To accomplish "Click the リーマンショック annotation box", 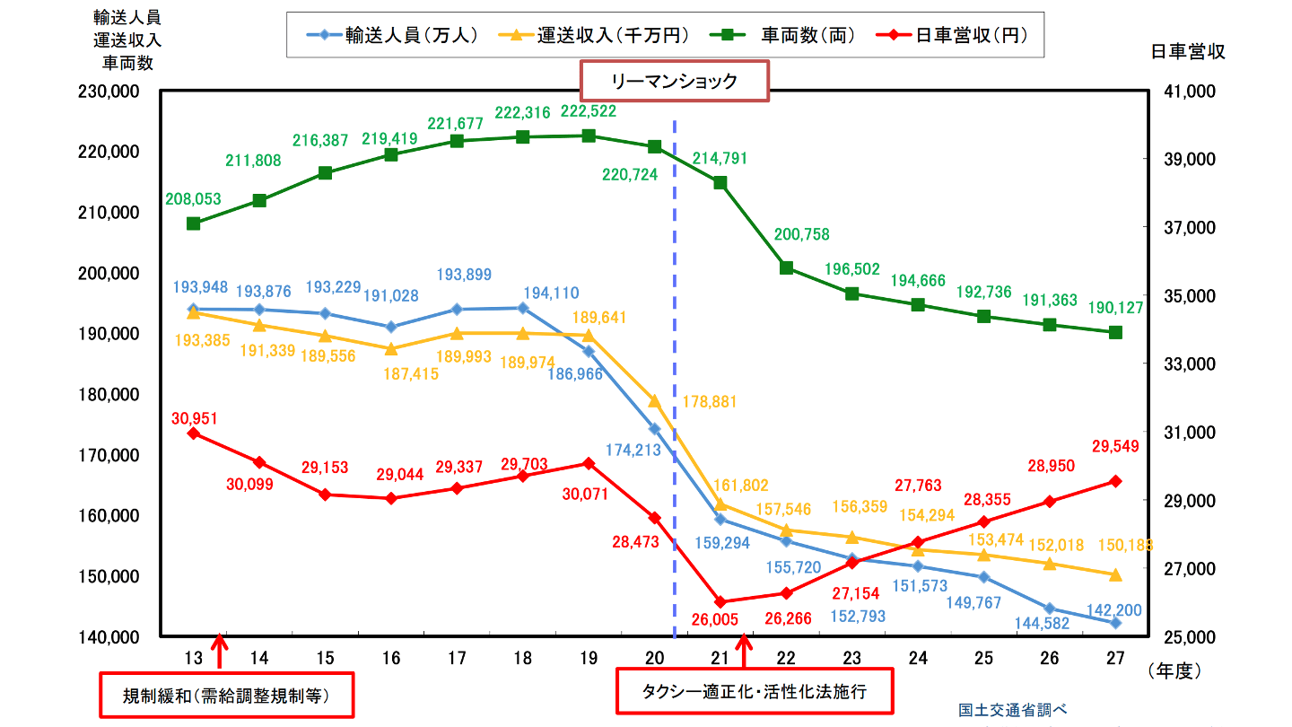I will click(675, 81).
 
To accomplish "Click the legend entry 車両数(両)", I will click(790, 36).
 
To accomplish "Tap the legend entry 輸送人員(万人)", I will click(400, 36).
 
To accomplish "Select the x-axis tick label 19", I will click(589, 658).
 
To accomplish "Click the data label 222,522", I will click(589, 111).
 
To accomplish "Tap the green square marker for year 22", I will click(786, 267).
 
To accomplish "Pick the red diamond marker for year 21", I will click(720, 601).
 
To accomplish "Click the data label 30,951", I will click(195, 418).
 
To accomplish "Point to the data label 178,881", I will click(712, 403).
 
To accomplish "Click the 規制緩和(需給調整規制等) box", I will click(225, 696).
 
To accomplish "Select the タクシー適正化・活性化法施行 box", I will click(755, 692).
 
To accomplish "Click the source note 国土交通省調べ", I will click(1012, 709).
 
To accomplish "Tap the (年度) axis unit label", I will click(1173, 670).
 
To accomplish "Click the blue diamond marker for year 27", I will click(1115, 623).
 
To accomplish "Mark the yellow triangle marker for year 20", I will click(654, 400).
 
